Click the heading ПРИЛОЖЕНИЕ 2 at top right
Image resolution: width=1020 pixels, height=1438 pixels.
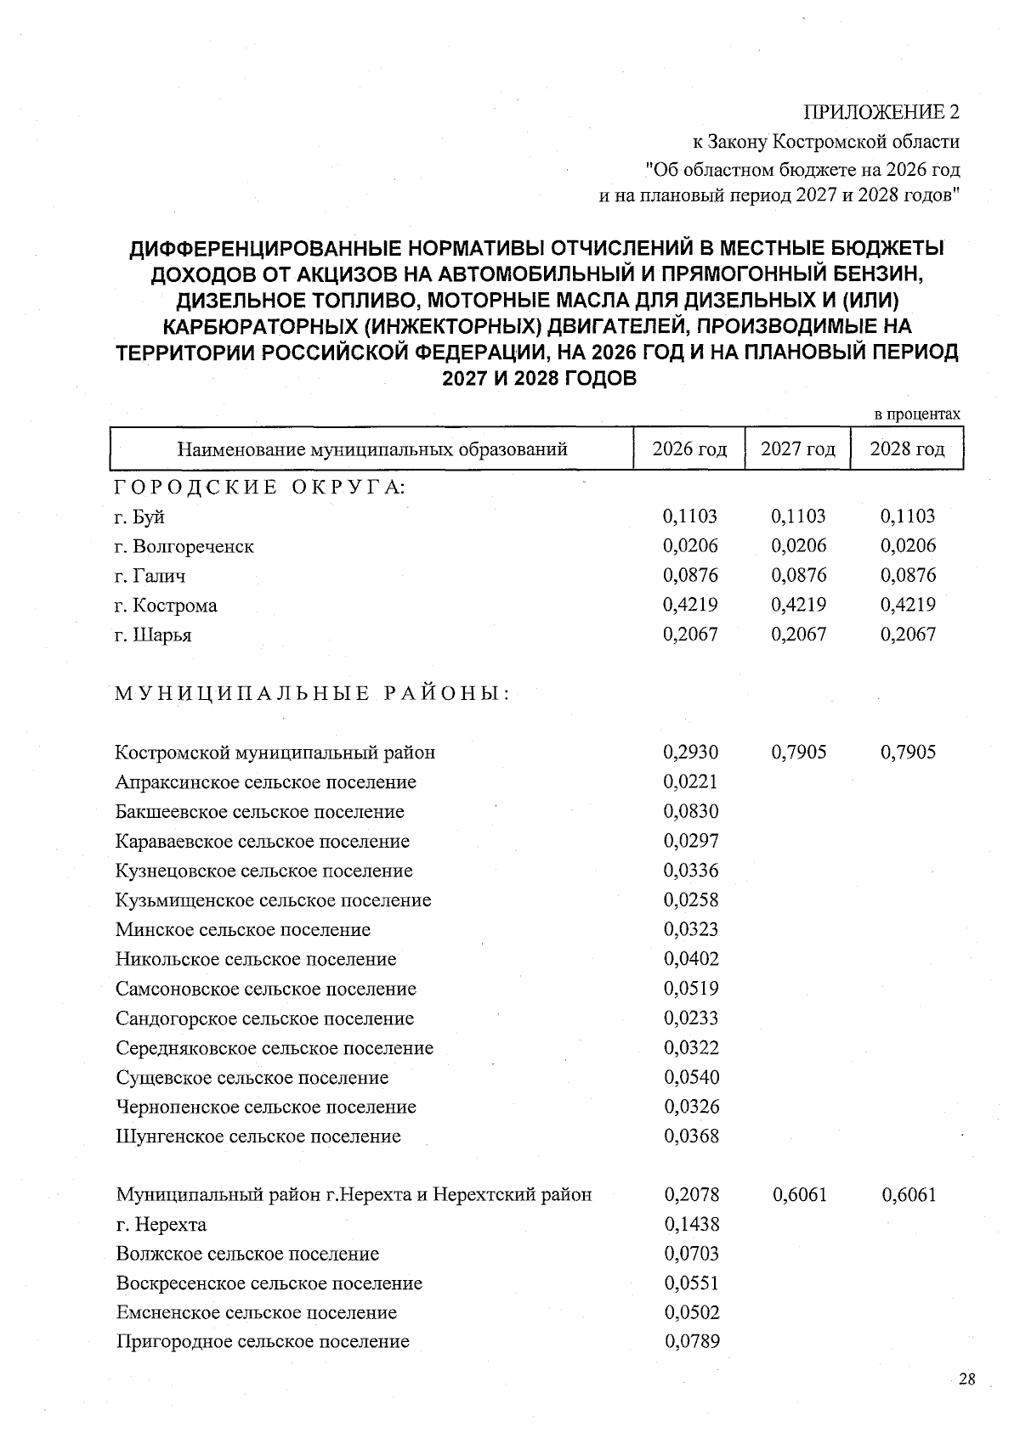pyautogui.click(x=881, y=112)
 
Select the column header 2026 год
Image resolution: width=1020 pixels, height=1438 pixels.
pyautogui.click(x=689, y=448)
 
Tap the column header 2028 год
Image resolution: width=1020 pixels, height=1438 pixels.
pyautogui.click(x=907, y=448)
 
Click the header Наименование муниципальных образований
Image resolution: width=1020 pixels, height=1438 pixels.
pyautogui.click(x=372, y=448)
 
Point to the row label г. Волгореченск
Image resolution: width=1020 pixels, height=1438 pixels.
pyautogui.click(x=184, y=546)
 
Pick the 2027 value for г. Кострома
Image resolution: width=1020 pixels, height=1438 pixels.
pyautogui.click(x=798, y=605)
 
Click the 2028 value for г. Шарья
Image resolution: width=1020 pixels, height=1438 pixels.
pyautogui.click(x=908, y=634)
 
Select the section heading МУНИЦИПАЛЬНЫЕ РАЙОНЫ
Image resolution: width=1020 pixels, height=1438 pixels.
pyautogui.click(x=312, y=693)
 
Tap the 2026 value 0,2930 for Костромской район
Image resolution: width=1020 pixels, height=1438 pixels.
pyautogui.click(x=690, y=752)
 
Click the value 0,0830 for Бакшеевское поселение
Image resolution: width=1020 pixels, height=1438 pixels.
pyautogui.click(x=690, y=811)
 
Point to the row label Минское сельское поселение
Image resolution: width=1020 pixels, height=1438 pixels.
pyautogui.click(x=243, y=929)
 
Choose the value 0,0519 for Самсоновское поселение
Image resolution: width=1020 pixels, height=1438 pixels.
pyautogui.click(x=690, y=988)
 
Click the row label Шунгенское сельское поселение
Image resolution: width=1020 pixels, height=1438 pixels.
pyautogui.click(x=258, y=1136)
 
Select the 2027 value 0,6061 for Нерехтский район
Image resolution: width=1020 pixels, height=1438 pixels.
pyautogui.click(x=799, y=1195)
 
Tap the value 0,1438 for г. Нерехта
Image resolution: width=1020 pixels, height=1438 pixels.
pyautogui.click(x=691, y=1224)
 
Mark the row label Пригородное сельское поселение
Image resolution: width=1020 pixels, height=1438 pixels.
pyautogui.click(x=263, y=1341)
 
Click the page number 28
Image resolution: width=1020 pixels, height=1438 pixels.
pyautogui.click(x=966, y=1379)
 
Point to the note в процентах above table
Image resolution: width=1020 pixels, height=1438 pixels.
pyautogui.click(x=917, y=414)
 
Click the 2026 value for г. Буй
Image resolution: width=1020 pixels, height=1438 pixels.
pyautogui.click(x=689, y=516)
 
